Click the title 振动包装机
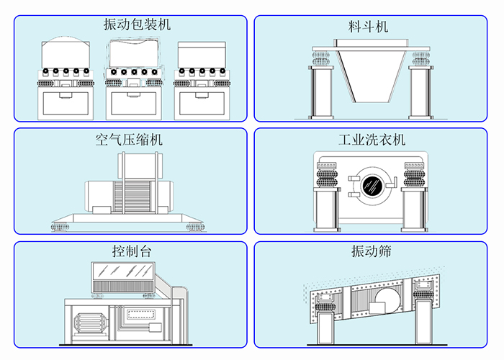point(138,25)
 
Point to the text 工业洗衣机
point(372,140)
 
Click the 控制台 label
point(131,252)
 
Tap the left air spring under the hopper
point(320,57)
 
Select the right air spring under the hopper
point(420,57)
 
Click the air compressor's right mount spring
point(194,228)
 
